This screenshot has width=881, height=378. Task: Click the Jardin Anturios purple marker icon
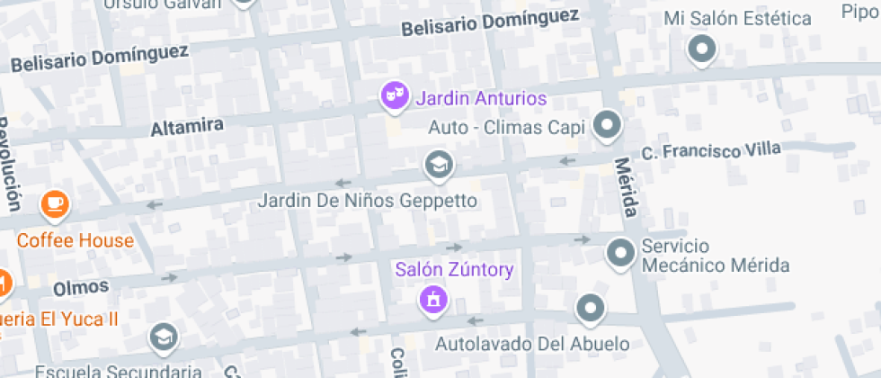[392, 95]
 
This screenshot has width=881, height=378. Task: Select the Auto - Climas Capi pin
[609, 125]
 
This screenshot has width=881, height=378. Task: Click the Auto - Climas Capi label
[506, 127]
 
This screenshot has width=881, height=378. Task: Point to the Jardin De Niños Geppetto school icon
[438, 165]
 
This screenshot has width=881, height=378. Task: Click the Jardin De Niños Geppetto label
[367, 200]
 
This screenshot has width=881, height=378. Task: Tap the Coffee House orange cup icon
[55, 204]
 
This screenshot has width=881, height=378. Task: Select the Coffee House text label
[75, 240]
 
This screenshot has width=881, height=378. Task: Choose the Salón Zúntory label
[454, 269]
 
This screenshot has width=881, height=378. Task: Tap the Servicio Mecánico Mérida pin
[620, 254]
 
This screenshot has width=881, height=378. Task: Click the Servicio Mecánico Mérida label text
[715, 256]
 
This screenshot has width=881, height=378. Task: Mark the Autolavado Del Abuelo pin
[590, 309]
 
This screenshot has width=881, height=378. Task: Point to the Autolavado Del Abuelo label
[532, 344]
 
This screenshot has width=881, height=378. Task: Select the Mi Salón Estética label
[737, 18]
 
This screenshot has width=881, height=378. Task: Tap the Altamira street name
[187, 127]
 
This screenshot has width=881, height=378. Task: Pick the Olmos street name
[81, 288]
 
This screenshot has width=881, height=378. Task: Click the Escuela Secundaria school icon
[164, 337]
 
